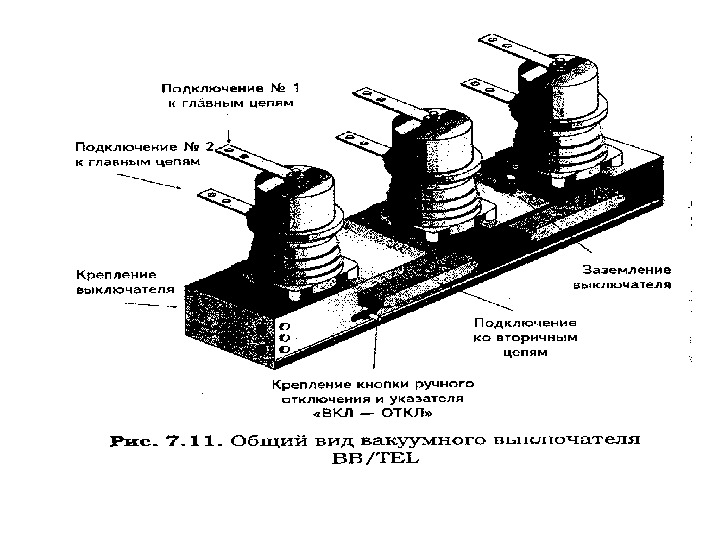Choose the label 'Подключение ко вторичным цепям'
coord(524,338)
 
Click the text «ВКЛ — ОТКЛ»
coord(371,411)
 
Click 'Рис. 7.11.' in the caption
coord(165,440)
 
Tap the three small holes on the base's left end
coord(283,338)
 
